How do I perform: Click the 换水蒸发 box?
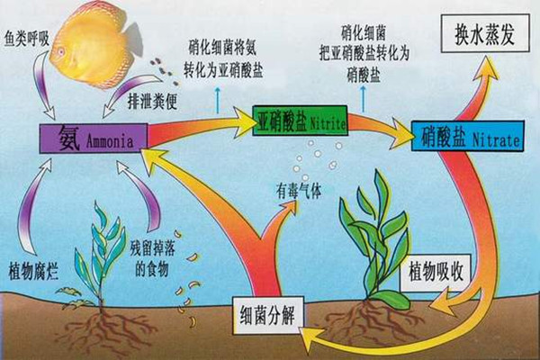click(x=482, y=38)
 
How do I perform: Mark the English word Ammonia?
click(x=109, y=142)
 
